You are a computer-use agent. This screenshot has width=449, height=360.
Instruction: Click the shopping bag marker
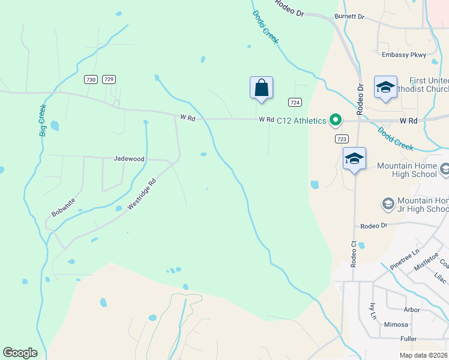(x=261, y=88)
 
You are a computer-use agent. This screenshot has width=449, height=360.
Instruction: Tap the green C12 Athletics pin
(x=335, y=121)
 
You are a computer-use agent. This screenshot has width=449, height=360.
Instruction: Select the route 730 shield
(x=91, y=79)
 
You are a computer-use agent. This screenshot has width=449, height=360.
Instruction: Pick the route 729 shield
(x=109, y=79)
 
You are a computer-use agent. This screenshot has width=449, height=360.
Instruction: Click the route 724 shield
(x=294, y=102)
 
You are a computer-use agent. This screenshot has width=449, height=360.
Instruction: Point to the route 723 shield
(x=341, y=139)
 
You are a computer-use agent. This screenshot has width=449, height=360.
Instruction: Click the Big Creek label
(x=43, y=121)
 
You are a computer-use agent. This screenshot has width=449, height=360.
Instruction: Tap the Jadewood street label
(x=129, y=159)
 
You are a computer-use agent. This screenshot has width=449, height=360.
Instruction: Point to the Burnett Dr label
(x=349, y=16)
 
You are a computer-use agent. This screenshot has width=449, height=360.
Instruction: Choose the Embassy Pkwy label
(x=404, y=55)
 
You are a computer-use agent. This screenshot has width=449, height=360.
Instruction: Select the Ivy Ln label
(x=373, y=311)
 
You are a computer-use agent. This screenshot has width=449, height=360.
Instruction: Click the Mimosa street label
(x=396, y=325)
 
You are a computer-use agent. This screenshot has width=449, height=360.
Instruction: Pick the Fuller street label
(x=408, y=339)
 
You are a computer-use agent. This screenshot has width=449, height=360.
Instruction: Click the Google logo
(x=20, y=353)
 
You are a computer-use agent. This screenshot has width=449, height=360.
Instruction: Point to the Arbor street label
(x=412, y=310)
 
